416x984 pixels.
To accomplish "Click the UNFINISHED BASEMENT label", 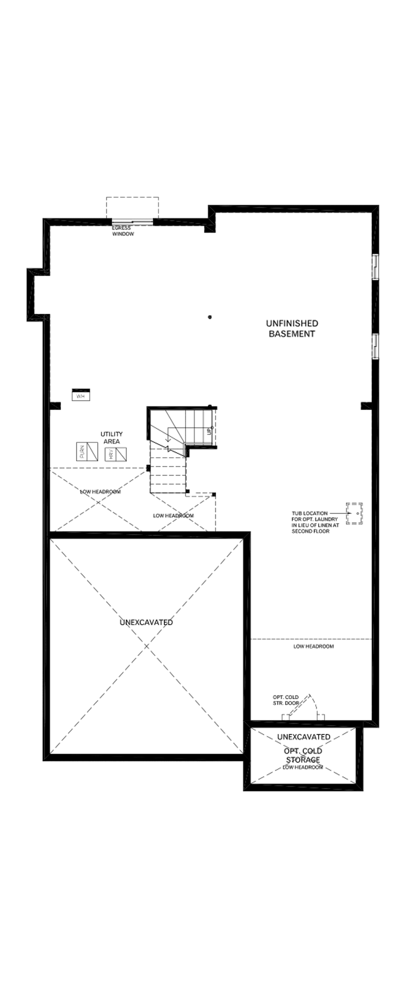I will pyautogui.click(x=292, y=329).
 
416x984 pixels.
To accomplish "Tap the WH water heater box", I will pyautogui.click(x=81, y=395).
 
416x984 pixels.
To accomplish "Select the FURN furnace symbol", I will pyautogui.click(x=87, y=452).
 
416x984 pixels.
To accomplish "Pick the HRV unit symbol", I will pyautogui.click(x=116, y=454).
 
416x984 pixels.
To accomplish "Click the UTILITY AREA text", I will pyautogui.click(x=112, y=438).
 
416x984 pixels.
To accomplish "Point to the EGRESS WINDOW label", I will pyautogui.click(x=123, y=231).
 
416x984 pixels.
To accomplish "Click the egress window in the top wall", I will pyautogui.click(x=132, y=221).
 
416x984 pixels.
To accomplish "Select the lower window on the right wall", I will pyautogui.click(x=376, y=346).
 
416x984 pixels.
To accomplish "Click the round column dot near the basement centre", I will pyautogui.click(x=210, y=317).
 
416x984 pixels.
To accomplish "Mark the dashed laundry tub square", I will pyautogui.click(x=355, y=514).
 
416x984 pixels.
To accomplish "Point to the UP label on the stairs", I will pyautogui.click(x=209, y=431).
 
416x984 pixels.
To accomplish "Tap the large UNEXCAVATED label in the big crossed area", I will pyautogui.click(x=146, y=622).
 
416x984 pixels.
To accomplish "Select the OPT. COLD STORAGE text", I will pyautogui.click(x=303, y=755).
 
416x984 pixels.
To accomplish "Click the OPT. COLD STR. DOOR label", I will pyautogui.click(x=286, y=700).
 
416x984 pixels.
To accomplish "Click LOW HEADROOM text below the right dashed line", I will pyautogui.click(x=314, y=646).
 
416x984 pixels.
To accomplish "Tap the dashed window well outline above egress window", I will pyautogui.click(x=132, y=207).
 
